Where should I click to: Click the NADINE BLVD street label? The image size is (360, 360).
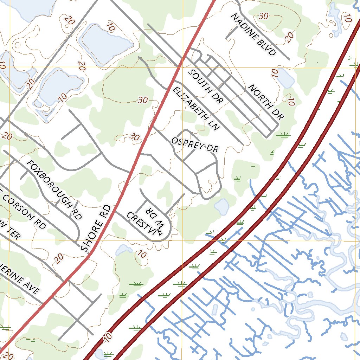253,35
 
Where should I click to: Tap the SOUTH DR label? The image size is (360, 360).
206,86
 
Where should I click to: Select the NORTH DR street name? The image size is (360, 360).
266,102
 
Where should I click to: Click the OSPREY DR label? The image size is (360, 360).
195,145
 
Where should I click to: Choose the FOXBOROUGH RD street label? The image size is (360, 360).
55,190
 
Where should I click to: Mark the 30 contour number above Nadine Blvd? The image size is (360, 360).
264,16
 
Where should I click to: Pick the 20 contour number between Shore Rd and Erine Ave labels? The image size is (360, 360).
59,258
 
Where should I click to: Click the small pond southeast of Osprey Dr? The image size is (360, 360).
221,206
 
